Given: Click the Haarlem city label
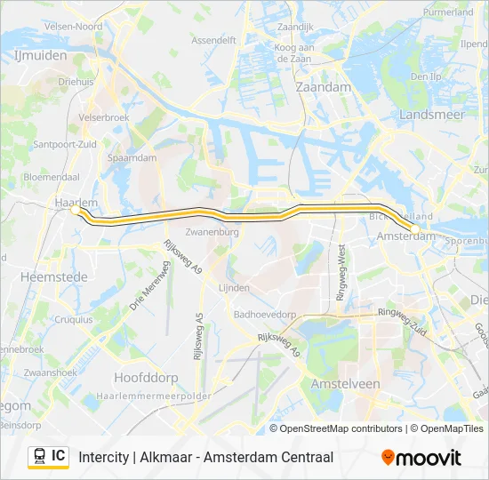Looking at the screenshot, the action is [76, 202].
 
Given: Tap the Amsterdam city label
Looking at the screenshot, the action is [405, 237].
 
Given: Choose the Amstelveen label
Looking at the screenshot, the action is [346, 383].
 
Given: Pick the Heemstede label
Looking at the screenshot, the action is [53, 277].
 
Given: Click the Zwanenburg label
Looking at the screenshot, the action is [212, 232].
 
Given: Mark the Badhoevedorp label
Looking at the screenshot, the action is [264, 314].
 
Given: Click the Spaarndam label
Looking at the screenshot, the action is [132, 157].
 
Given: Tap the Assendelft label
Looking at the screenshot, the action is [213, 40].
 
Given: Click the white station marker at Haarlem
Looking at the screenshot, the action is [74, 211].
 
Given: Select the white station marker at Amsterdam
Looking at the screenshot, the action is [414, 228].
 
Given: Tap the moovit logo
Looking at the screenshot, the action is [421, 458].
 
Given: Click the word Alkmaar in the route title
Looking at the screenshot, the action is [172, 457].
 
